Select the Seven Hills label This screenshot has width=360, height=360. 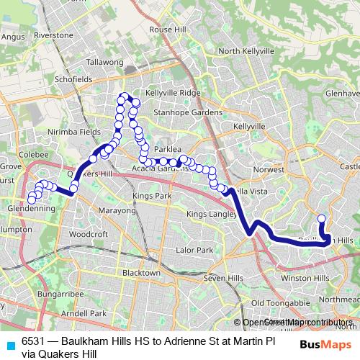coord(224,278)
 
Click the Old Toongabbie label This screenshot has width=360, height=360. coord(276,302)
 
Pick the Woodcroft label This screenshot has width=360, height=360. coord(89,234)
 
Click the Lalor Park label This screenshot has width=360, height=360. coord(194,250)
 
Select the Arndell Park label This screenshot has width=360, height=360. coord(84,313)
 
